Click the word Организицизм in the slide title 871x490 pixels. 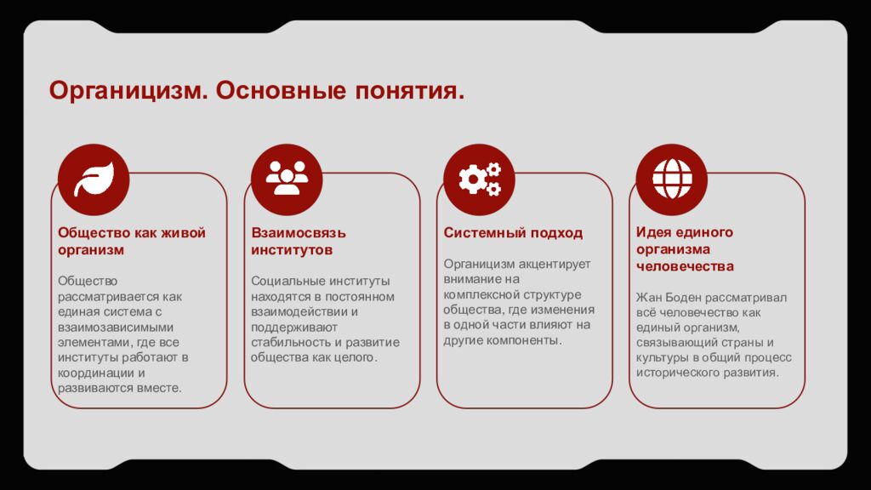(x=126, y=90)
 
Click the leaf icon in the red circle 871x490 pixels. (x=94, y=179)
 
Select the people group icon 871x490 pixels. (x=287, y=179)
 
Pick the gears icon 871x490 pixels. (x=480, y=179)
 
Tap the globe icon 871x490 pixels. (x=672, y=179)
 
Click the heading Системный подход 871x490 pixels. (x=513, y=233)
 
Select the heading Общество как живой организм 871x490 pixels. (x=132, y=241)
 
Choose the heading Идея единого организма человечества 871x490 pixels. (x=685, y=249)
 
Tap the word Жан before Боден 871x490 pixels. (x=647, y=298)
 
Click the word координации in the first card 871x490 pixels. (x=94, y=373)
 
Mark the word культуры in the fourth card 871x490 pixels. (x=660, y=358)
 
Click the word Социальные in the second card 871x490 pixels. (x=285, y=281)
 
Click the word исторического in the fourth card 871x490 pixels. (x=680, y=373)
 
